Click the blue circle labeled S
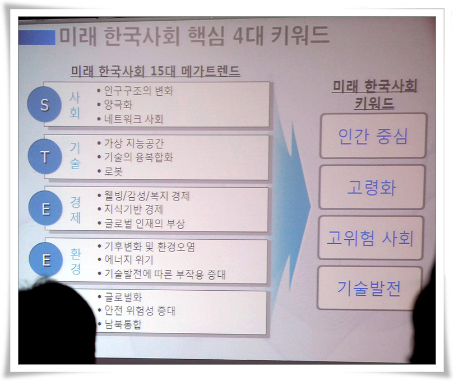click(44, 104)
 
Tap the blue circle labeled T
click(45, 156)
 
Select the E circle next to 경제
click(45, 208)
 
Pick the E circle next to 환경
click(46, 259)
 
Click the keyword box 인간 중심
click(373, 136)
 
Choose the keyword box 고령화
click(372, 187)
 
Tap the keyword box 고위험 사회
click(370, 238)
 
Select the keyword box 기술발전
click(369, 288)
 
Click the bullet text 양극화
click(118, 105)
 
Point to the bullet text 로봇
click(113, 171)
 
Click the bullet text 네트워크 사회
click(134, 119)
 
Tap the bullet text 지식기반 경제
click(134, 209)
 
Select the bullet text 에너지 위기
click(129, 259)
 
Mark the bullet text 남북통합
click(123, 324)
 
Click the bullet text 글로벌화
click(123, 297)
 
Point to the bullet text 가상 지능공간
click(134, 143)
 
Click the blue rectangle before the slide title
click(37, 38)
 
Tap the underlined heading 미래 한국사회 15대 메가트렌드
click(155, 71)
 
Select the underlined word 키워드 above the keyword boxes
click(374, 103)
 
